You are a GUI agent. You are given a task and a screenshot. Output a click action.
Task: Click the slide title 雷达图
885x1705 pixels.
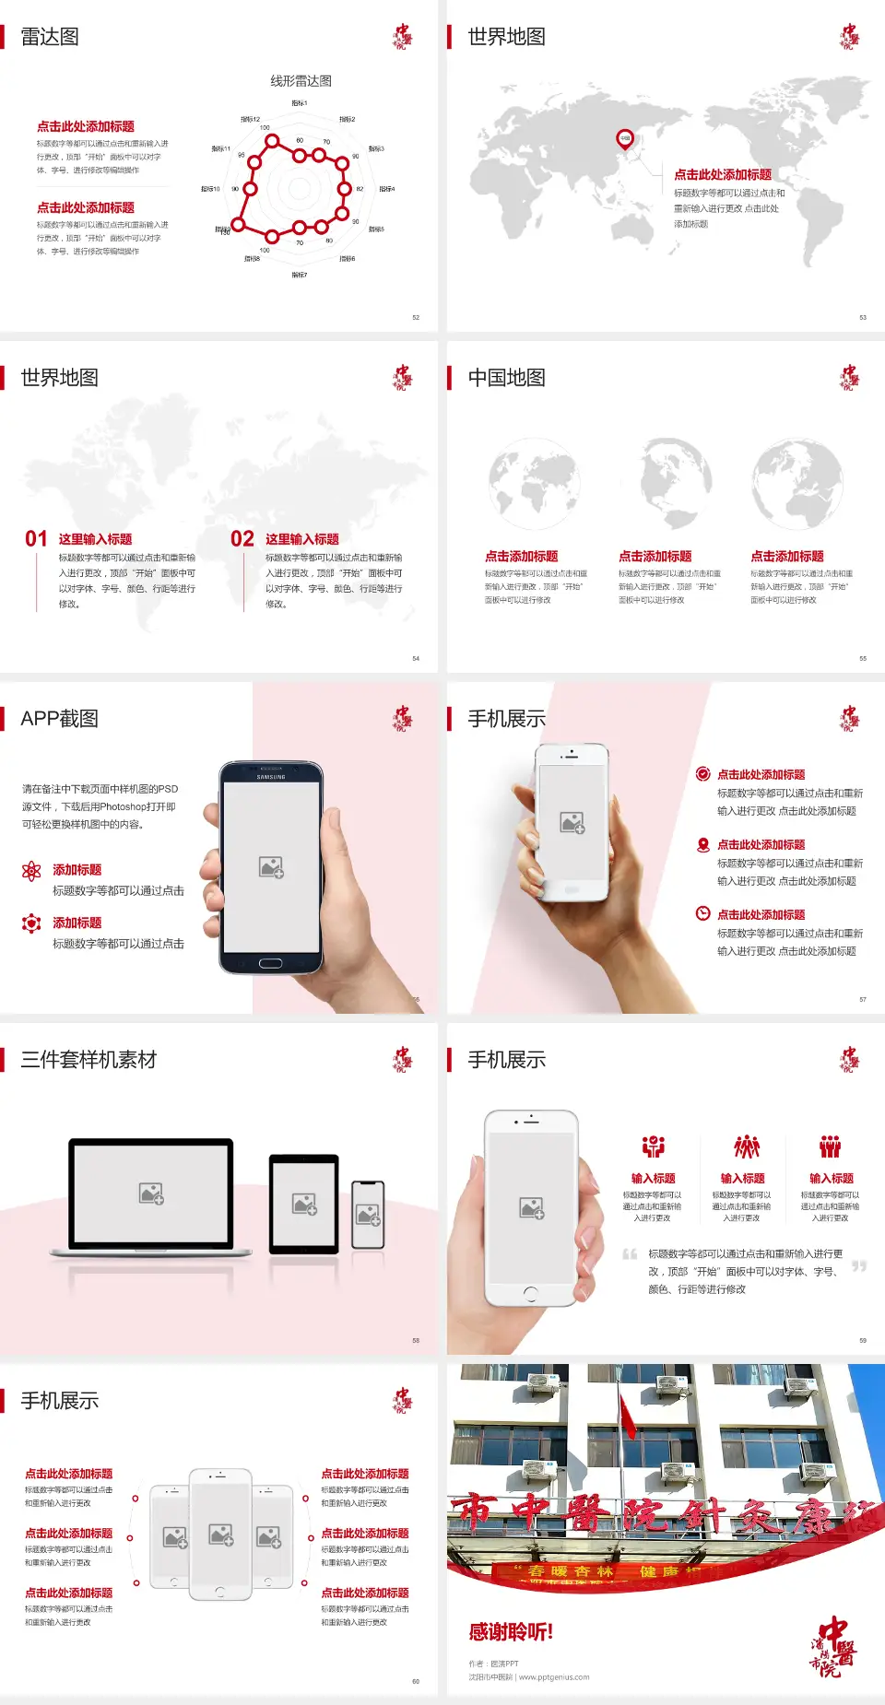(50, 37)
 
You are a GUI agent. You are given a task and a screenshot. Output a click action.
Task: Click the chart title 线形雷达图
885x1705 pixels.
(301, 81)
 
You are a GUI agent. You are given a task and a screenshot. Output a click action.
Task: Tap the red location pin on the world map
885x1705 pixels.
(625, 139)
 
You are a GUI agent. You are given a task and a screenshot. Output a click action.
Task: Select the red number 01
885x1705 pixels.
(36, 539)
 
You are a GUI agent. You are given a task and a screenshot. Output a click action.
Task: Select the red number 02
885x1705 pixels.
(242, 539)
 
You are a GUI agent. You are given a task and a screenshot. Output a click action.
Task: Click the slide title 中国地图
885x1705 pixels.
(506, 378)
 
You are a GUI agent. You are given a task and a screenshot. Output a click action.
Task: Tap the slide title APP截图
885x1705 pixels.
(59, 719)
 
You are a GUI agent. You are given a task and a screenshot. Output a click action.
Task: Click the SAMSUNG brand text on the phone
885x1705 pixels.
(271, 777)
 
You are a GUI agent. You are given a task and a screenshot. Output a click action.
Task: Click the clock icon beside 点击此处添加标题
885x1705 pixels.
(702, 913)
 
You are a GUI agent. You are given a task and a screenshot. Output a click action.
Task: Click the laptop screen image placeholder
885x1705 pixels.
(151, 1193)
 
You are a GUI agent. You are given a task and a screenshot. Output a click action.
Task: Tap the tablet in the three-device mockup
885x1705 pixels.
(304, 1203)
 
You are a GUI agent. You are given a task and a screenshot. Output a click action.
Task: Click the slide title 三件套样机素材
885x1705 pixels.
(88, 1060)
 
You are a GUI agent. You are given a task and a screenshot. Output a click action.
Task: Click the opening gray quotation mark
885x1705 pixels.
(630, 1254)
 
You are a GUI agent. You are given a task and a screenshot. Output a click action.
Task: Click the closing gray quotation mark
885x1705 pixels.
(859, 1266)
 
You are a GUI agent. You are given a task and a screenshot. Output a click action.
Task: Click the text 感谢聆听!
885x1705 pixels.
(511, 1632)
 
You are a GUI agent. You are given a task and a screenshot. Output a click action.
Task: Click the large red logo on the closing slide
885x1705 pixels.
(833, 1646)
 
